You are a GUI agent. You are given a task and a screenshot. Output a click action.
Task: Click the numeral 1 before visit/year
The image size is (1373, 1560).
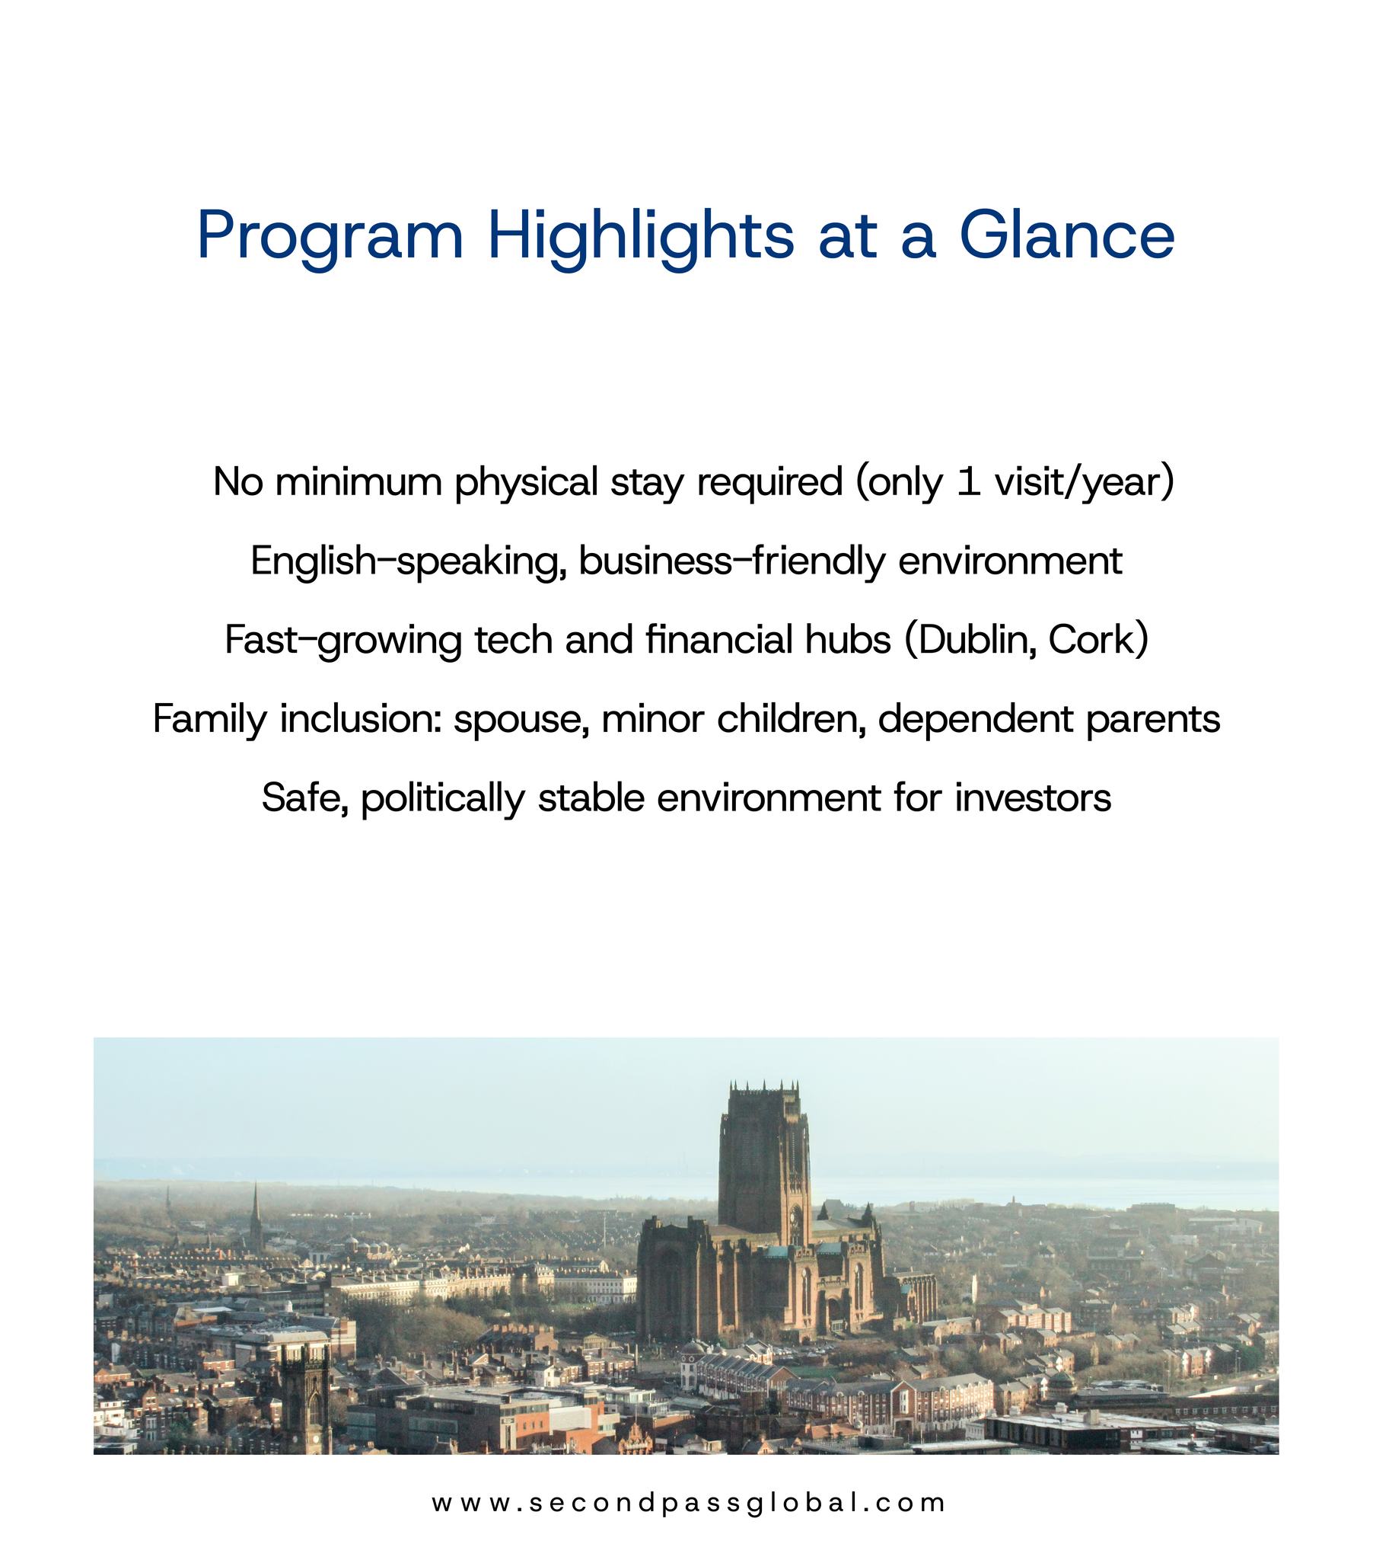tap(968, 481)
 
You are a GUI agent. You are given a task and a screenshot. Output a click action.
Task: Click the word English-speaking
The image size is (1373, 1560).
tap(408, 561)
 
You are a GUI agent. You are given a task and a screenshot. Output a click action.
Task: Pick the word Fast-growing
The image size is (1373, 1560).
tap(343, 641)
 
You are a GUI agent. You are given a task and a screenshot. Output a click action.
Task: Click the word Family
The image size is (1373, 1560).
tap(210, 720)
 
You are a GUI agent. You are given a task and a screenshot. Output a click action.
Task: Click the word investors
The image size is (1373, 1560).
tap(1032, 798)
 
